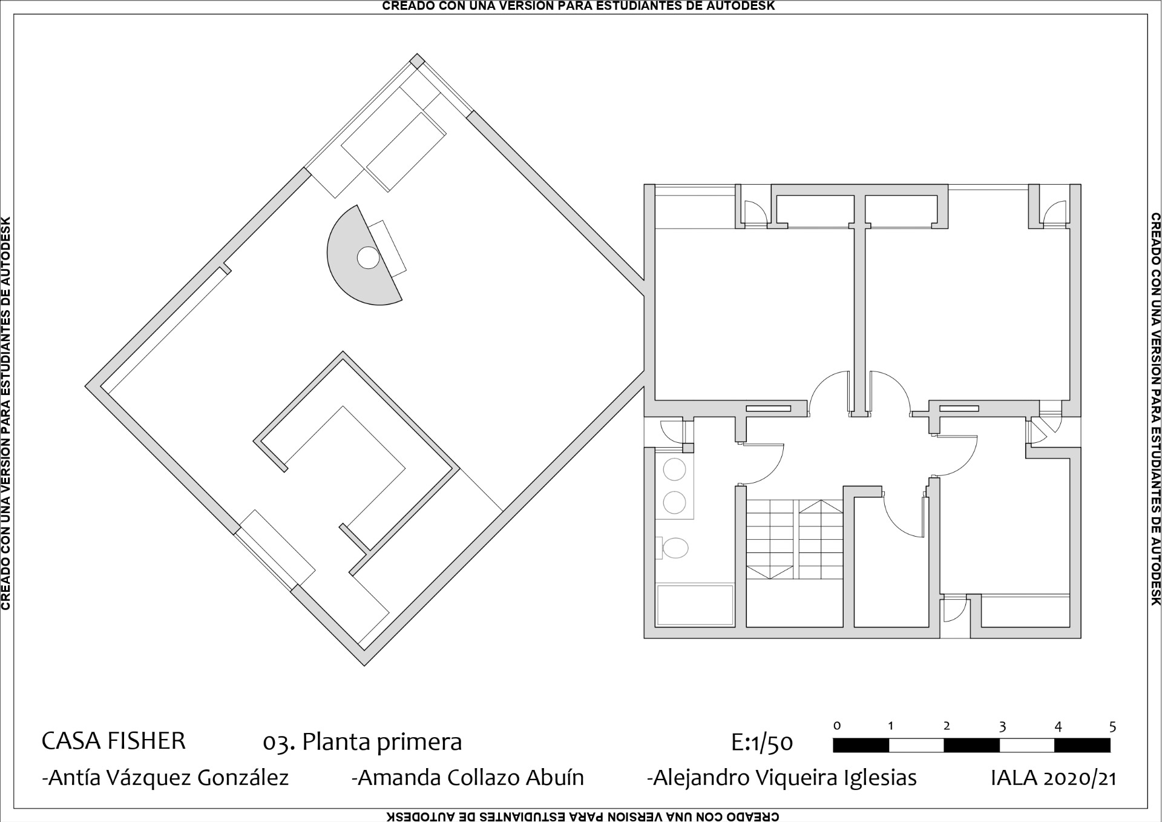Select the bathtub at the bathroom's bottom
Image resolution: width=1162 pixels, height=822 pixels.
pos(695,605)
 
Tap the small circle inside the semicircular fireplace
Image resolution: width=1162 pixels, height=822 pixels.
pos(367,258)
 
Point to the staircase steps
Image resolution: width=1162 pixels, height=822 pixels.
pos(793,539)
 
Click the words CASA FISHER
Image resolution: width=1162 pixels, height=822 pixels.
pos(113,741)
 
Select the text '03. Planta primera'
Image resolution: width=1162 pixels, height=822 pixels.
pos(362,742)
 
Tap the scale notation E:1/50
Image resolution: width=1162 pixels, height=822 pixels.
pos(762,743)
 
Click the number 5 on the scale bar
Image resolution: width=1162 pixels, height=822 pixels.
pos(1112,727)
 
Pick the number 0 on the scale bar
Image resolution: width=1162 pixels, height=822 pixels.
pos(837,726)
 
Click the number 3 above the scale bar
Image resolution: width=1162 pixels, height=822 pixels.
pos(1002,727)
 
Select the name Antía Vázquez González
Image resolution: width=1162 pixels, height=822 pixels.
pos(165,778)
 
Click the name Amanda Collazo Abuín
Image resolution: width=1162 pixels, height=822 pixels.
pos(468,778)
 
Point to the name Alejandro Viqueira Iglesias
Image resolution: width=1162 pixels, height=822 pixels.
pos(782,778)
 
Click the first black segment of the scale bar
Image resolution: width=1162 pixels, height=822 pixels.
pos(861,745)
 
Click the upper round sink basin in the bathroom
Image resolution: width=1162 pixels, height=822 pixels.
pos(674,469)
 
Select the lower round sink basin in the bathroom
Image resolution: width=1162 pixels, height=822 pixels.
pos(674,502)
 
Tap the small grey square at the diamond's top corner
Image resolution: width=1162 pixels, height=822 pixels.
pos(417,61)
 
